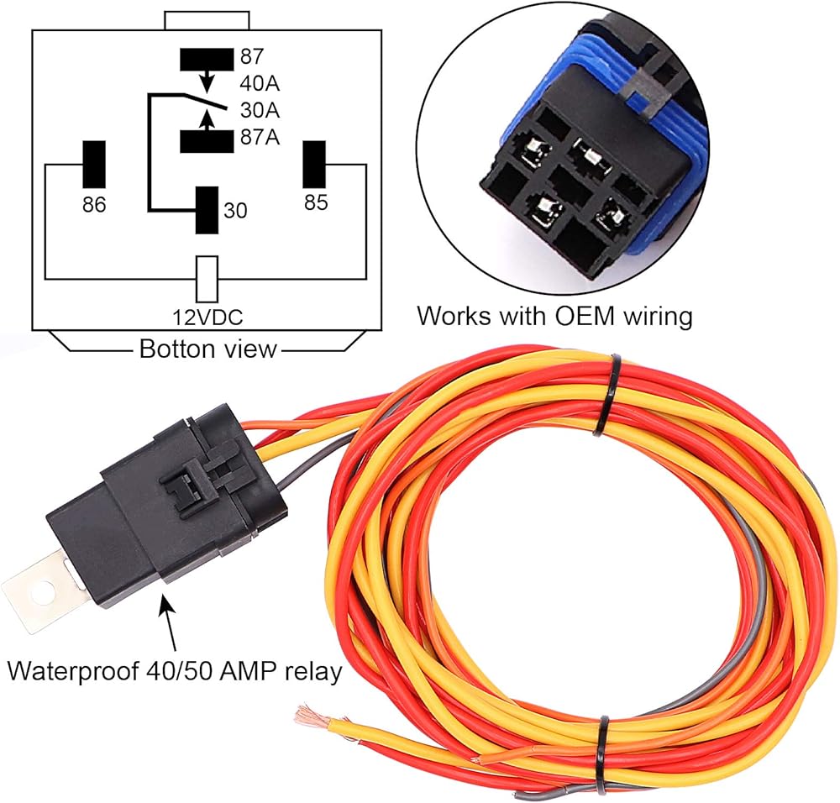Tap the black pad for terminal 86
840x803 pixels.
click(x=93, y=164)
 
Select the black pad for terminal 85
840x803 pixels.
click(x=314, y=165)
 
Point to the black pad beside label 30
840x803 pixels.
click(x=207, y=210)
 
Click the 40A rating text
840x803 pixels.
click(x=260, y=84)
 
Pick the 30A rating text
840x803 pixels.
click(x=260, y=110)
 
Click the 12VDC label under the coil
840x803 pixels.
click(x=207, y=317)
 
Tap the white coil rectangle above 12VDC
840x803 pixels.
click(x=207, y=279)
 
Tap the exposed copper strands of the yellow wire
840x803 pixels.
click(x=309, y=716)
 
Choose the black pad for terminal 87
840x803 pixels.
click(x=207, y=59)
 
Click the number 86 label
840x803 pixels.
click(x=93, y=204)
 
